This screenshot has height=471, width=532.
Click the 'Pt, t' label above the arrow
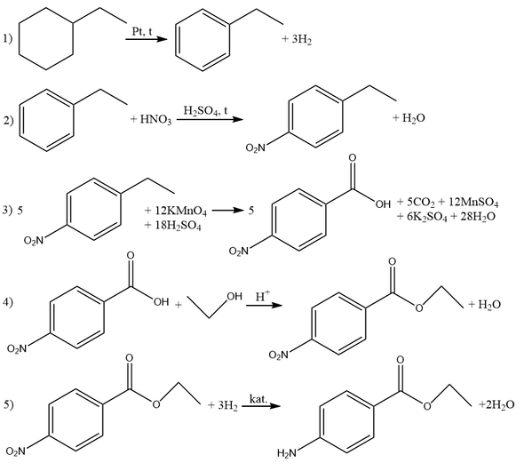tap(142, 32)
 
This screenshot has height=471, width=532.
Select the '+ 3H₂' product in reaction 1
tap(297, 39)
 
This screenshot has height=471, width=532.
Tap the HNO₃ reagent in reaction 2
tap(155, 119)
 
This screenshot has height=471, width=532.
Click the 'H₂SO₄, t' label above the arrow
tap(206, 110)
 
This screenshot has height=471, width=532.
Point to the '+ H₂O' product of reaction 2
tap(409, 118)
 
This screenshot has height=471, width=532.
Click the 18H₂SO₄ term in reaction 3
tap(178, 225)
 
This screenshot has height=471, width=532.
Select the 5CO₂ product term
tap(420, 203)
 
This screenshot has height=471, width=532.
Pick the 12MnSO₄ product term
tap(473, 203)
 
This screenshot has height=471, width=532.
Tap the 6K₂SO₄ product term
tap(427, 217)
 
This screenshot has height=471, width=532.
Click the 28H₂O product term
tap(478, 217)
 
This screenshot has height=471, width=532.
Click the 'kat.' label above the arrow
tap(258, 398)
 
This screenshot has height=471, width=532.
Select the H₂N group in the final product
tap(287, 453)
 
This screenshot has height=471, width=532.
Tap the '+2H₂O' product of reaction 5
tap(496, 404)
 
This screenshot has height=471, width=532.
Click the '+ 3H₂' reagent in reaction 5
tap(223, 405)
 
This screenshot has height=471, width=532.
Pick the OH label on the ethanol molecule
tap(234, 297)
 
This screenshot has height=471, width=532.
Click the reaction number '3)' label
tap(7, 211)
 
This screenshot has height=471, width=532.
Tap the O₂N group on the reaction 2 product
tap(256, 148)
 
